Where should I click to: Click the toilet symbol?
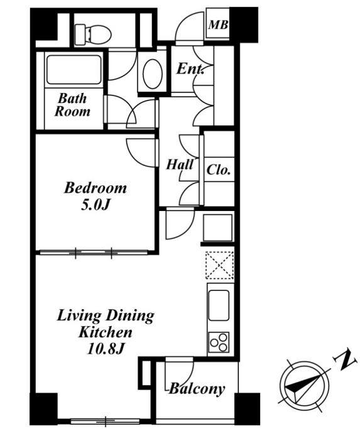tap(93, 34)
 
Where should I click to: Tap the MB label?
tap(218, 25)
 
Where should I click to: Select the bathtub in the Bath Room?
tap(74, 70)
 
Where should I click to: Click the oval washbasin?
tap(152, 73)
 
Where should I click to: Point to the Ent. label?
tap(190, 68)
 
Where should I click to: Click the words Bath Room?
tap(72, 105)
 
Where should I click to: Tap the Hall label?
tap(180, 165)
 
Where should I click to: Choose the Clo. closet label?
tap(218, 170)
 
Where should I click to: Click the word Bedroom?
tap(95, 188)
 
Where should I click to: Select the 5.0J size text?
tap(95, 204)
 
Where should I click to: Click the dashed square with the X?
tap(219, 265)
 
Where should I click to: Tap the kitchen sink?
tap(219, 305)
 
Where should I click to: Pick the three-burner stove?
tap(219, 342)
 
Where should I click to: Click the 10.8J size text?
tap(106, 349)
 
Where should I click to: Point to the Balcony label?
tap(197, 389)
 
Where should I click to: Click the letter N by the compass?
tap(346, 359)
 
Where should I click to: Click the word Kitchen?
tap(106, 332)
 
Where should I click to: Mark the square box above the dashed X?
tap(217, 227)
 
